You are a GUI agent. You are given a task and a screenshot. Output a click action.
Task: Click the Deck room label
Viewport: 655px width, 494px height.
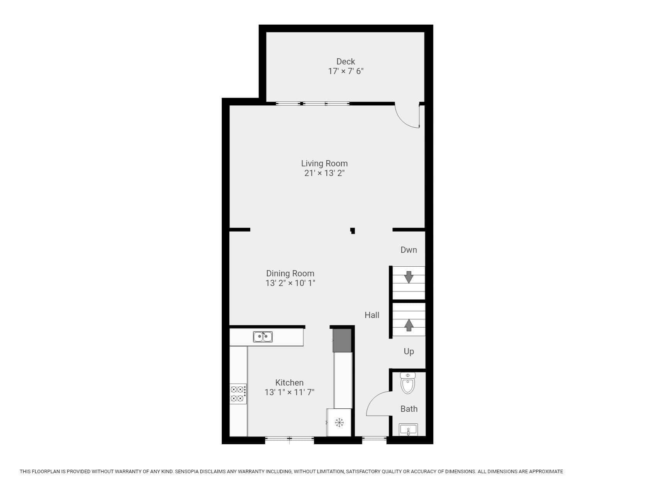(346, 61)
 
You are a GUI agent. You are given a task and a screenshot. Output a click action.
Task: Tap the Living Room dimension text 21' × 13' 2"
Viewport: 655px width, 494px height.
(324, 173)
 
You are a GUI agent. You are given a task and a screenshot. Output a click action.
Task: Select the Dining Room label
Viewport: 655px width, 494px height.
(290, 274)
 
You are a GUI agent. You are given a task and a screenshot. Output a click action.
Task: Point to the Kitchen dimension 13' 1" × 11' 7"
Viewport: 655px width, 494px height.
(289, 392)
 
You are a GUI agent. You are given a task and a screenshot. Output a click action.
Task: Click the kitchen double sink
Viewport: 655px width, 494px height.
(263, 337)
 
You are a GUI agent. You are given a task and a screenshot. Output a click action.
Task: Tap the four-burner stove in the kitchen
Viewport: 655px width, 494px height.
(238, 394)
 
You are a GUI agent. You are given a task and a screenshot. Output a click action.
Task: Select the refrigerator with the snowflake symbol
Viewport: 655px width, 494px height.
(339, 423)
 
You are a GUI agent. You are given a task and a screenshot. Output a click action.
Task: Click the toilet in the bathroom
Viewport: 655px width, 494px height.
(408, 383)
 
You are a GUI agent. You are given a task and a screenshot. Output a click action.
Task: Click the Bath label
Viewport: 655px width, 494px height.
(409, 409)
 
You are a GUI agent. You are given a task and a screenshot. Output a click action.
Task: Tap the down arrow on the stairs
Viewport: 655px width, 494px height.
(409, 277)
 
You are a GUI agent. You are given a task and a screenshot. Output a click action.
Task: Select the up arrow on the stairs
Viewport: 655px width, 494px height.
(409, 325)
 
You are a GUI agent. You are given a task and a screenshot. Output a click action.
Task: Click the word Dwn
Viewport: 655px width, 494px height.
(409, 250)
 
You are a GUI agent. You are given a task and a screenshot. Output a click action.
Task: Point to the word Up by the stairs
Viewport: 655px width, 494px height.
(409, 352)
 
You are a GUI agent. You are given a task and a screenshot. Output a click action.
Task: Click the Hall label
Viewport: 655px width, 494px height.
(372, 315)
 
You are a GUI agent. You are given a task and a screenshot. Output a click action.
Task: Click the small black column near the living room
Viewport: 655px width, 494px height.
(352, 231)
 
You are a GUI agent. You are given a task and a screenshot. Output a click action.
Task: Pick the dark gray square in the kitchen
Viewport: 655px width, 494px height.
(342, 340)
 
